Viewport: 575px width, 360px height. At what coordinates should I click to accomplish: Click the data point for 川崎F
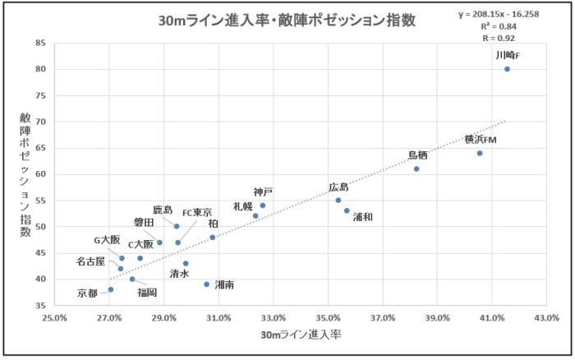coord(507,69)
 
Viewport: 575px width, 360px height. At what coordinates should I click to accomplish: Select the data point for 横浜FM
coord(480,153)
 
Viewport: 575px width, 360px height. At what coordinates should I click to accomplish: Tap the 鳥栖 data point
coord(416,168)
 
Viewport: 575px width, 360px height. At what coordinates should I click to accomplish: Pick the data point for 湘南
coord(207,284)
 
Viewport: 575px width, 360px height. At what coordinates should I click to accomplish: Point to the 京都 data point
coord(111,289)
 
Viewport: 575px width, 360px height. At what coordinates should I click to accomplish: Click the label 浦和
coord(363,218)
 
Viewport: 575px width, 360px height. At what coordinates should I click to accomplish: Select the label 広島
coord(338,187)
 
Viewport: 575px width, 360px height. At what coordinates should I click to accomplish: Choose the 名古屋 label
coord(91,261)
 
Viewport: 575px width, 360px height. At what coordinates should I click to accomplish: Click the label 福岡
coord(148,291)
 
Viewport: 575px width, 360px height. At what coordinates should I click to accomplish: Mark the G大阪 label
coord(107,240)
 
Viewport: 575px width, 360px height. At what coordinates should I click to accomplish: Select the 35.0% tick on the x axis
coord(328,317)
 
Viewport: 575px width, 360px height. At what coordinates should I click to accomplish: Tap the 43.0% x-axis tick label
coord(546,317)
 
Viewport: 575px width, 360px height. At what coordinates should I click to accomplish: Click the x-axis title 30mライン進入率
coord(301,335)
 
